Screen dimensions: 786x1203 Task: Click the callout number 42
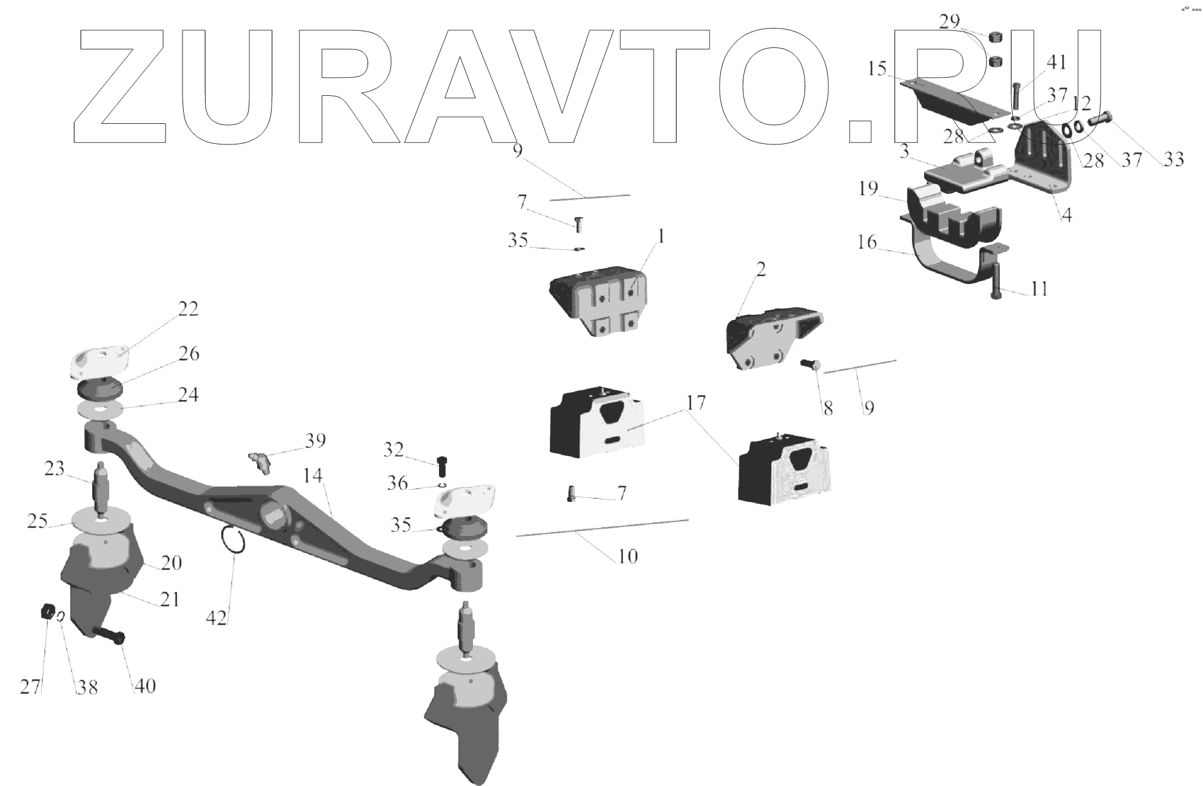click(x=216, y=618)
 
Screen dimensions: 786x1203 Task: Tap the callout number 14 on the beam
click(x=313, y=476)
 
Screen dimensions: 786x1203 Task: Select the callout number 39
click(x=315, y=441)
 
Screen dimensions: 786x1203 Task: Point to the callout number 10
click(x=628, y=556)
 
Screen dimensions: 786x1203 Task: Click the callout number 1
click(x=661, y=236)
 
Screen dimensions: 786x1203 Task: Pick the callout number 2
click(x=761, y=269)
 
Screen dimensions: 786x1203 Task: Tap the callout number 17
click(x=696, y=402)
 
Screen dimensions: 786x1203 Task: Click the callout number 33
click(x=1173, y=159)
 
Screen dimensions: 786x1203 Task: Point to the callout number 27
click(x=30, y=686)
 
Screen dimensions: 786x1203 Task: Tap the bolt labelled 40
click(x=110, y=635)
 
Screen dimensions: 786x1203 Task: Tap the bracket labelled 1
click(x=598, y=301)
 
